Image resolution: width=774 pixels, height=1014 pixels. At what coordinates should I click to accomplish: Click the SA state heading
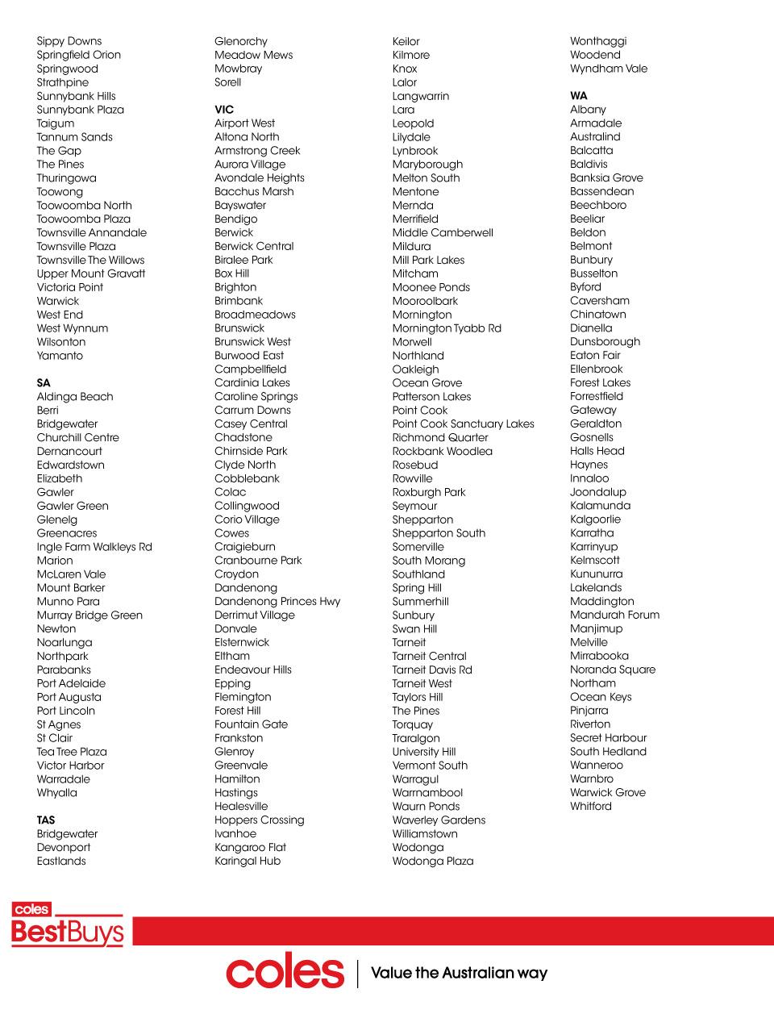coord(44,382)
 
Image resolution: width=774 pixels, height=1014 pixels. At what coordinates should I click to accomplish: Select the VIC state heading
coord(224,109)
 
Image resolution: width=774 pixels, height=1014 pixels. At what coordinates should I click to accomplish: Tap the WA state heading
coord(579,95)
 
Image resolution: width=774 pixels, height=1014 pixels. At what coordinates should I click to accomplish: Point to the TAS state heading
coord(46,820)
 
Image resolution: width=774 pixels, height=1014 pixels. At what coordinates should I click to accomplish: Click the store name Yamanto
coord(60,355)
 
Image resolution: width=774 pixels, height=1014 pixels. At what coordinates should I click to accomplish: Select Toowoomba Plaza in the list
coord(83,219)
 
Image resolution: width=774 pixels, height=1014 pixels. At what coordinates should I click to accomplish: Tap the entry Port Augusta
coord(69,697)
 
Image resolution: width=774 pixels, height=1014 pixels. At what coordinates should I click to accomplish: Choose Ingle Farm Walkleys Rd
coord(94,546)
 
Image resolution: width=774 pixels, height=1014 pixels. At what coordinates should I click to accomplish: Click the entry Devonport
coord(64,847)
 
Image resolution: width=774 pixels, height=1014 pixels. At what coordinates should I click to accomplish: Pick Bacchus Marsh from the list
coord(254,191)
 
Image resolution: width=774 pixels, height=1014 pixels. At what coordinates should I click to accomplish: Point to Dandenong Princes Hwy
coord(277,601)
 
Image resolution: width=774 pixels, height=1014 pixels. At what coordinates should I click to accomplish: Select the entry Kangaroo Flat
coord(250,847)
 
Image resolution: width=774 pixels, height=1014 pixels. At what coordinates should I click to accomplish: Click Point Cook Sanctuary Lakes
coord(463,424)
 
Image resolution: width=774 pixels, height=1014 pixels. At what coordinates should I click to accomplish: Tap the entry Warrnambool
coord(427,792)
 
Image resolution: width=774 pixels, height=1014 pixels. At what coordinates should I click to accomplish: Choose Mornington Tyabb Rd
coord(447,328)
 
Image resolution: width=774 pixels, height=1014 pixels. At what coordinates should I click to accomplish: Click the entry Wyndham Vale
coord(609,69)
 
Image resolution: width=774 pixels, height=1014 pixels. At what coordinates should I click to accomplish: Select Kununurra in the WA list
coord(596,574)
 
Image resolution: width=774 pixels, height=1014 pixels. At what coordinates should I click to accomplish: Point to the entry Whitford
coord(591,806)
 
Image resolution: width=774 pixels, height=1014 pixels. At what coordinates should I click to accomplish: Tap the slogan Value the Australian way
coord(459,973)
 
